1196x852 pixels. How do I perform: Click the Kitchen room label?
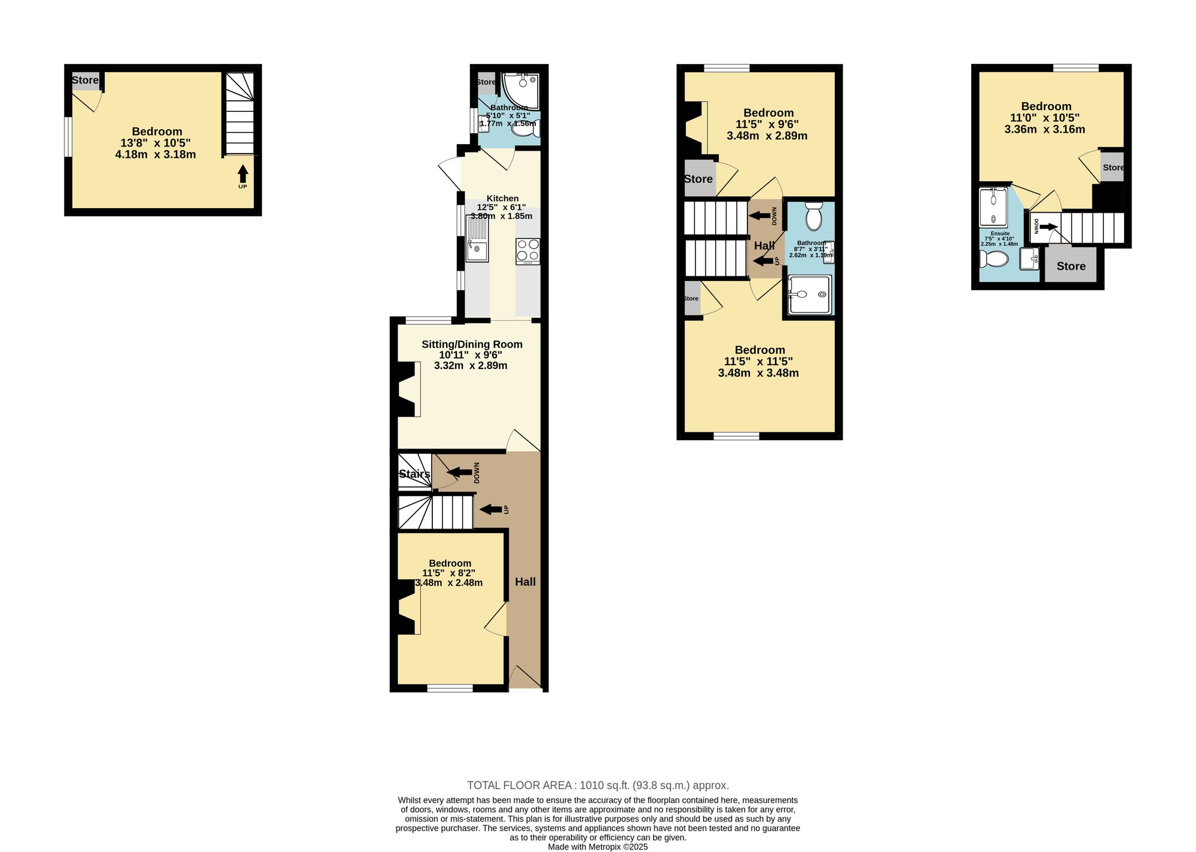pyautogui.click(x=502, y=199)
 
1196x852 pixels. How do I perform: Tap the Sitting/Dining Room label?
pyautogui.click(x=472, y=344)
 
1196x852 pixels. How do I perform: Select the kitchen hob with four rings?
pyautogui.click(x=527, y=252)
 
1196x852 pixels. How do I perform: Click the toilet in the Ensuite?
pyautogui.click(x=994, y=259)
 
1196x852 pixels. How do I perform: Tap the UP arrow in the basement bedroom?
pyautogui.click(x=243, y=174)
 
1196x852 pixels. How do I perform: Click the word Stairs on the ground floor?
pyautogui.click(x=414, y=474)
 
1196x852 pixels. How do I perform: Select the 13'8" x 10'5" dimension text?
pyautogui.click(x=155, y=143)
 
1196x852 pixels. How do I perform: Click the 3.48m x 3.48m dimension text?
pyautogui.click(x=758, y=373)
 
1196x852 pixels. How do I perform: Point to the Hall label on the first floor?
pyautogui.click(x=764, y=246)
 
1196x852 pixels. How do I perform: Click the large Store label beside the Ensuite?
pyautogui.click(x=1071, y=266)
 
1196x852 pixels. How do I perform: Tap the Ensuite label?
pyautogui.click(x=1000, y=234)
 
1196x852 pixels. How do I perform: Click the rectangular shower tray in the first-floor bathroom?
pyautogui.click(x=810, y=294)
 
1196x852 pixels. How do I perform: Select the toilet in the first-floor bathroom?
pyautogui.click(x=814, y=216)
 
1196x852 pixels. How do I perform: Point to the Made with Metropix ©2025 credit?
pyautogui.click(x=598, y=847)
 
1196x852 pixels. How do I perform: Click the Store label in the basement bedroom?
pyautogui.click(x=85, y=80)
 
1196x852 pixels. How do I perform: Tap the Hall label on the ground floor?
pyautogui.click(x=526, y=582)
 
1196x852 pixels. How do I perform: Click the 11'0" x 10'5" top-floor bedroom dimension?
pyautogui.click(x=1045, y=118)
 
